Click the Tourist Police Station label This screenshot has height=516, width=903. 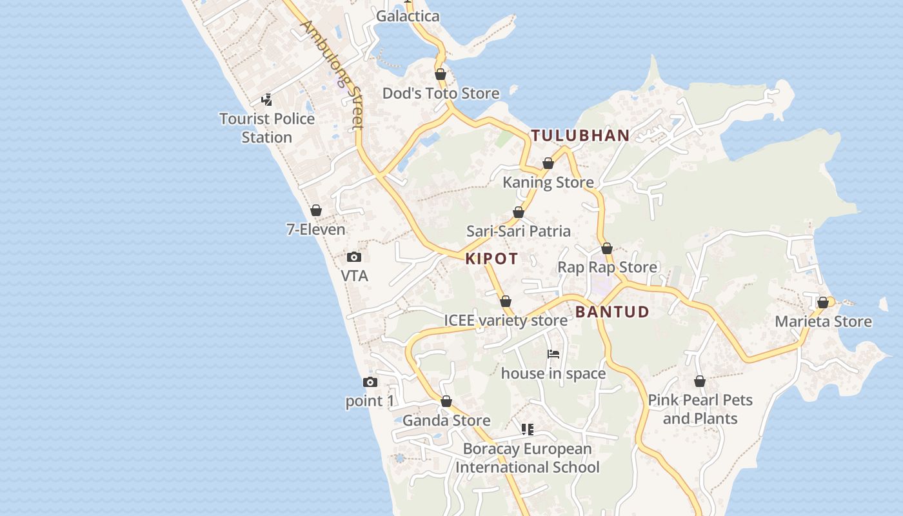coord(267,128)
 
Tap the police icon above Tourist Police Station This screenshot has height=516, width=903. coord(267,100)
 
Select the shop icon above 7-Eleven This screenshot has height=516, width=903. coord(316,210)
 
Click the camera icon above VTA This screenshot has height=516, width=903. coord(354,257)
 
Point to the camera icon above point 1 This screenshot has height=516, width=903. coord(370,382)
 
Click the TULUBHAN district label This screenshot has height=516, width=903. coord(580,135)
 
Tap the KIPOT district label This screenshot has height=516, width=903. coord(491,259)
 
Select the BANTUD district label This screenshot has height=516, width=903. coord(612,312)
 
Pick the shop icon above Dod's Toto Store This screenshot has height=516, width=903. coord(441,74)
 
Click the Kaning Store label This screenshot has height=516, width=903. coord(548,183)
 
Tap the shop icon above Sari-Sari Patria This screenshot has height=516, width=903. coord(519,212)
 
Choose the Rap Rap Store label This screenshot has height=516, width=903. coord(607,267)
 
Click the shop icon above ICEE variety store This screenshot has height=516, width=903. coord(506,301)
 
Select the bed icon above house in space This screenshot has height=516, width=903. coord(553,354)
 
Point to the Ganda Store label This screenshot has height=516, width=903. coord(446,421)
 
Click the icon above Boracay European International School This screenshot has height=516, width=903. coord(528,429)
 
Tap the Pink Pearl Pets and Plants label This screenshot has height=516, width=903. coord(700,409)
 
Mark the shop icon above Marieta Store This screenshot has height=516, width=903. coord(823,303)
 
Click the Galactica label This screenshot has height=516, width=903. coord(408,16)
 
